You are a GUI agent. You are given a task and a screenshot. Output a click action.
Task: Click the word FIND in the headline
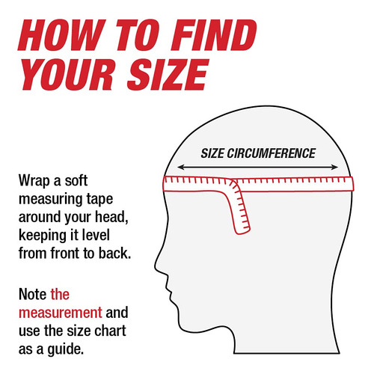click(x=214, y=35)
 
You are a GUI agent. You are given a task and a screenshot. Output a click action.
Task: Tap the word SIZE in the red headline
click(x=168, y=75)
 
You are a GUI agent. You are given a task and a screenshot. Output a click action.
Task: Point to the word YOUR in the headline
click(x=67, y=75)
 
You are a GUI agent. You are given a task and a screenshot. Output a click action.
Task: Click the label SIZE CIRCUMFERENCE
click(x=258, y=153)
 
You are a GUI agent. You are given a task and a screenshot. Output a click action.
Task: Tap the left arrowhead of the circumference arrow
click(x=180, y=167)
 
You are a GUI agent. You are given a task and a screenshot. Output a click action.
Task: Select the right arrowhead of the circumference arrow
click(x=335, y=167)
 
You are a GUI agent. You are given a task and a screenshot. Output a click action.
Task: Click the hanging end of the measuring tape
click(x=243, y=230)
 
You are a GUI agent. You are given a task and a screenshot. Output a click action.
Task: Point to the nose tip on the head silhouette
click(x=156, y=269)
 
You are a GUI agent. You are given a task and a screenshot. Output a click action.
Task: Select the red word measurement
click(x=61, y=313)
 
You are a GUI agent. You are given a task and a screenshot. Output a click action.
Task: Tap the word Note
click(x=33, y=294)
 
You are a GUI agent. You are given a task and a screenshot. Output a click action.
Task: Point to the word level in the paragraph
click(x=96, y=235)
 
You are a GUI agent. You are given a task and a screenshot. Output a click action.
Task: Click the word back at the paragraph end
click(x=114, y=253)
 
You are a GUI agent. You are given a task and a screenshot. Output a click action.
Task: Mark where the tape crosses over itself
click(x=233, y=184)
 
